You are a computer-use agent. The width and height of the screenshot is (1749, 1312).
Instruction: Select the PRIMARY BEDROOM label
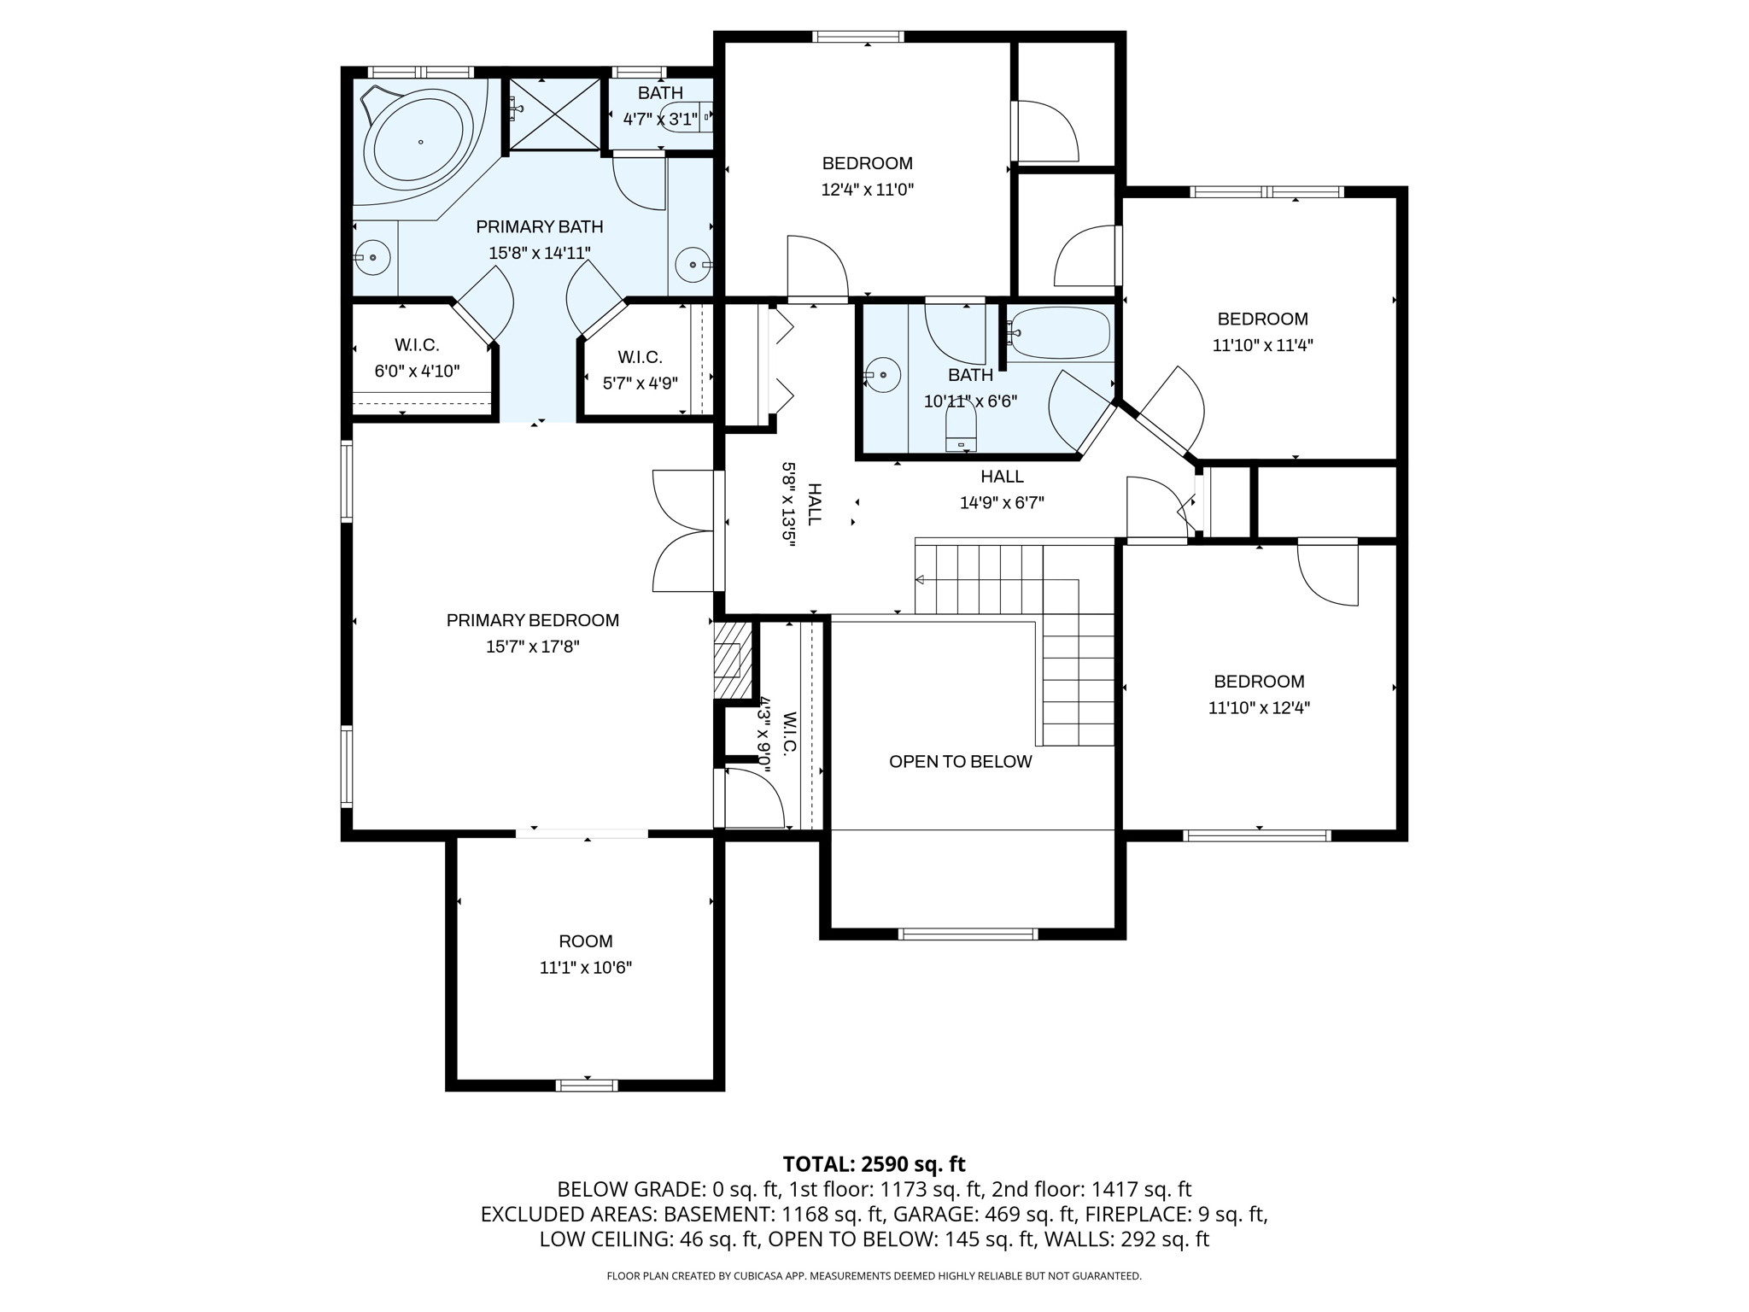click(532, 620)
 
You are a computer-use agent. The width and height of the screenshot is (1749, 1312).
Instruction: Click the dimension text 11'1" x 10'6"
click(585, 968)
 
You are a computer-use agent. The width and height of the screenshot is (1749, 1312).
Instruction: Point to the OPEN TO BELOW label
click(960, 762)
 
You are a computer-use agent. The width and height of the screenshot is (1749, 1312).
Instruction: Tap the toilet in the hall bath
click(961, 425)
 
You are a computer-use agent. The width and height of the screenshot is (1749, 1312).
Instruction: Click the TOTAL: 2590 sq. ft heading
click(874, 1163)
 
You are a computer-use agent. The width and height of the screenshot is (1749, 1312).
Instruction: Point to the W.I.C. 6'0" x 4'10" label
click(417, 358)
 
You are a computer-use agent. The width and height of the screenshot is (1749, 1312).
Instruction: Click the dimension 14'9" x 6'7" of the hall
click(1002, 503)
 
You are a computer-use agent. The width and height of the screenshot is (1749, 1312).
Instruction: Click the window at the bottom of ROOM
click(586, 1085)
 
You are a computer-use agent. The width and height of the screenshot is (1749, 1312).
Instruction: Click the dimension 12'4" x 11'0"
click(867, 190)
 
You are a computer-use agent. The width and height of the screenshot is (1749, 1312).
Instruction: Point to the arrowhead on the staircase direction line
click(920, 580)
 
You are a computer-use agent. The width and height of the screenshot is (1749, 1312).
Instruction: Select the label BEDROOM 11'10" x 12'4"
click(1259, 694)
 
